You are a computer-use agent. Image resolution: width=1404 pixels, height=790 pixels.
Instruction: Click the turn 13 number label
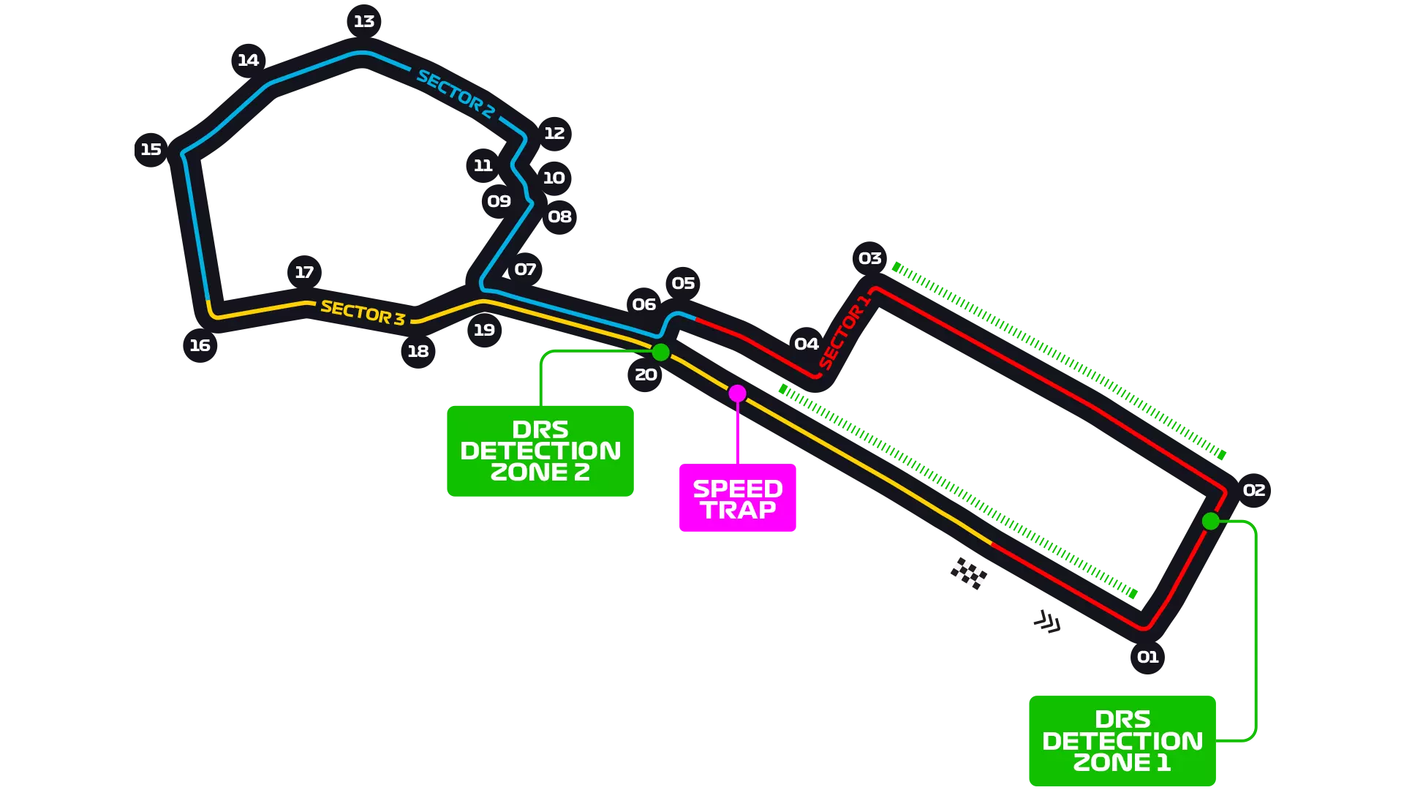point(364,21)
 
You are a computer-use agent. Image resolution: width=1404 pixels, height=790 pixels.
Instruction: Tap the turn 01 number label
point(1147,657)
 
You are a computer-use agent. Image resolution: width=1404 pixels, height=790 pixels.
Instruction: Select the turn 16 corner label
point(200,345)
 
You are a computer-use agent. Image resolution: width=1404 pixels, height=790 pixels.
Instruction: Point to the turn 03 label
point(869,258)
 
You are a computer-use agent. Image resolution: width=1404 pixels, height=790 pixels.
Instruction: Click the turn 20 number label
point(646,375)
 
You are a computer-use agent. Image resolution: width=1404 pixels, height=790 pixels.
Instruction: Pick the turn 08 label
point(559,217)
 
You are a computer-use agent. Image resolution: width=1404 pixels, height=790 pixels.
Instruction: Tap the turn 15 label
point(151,149)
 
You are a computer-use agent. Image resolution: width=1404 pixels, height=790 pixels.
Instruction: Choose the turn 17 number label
point(304,272)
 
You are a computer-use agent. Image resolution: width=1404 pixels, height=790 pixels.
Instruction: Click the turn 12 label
point(554,133)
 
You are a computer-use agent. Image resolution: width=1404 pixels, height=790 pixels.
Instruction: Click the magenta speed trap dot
point(737,394)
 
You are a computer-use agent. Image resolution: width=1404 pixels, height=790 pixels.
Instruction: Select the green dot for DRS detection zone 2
point(660,353)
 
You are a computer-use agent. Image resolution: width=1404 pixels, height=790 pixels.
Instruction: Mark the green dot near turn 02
point(1210,521)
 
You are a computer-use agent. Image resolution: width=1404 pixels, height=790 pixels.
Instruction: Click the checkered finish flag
point(967,571)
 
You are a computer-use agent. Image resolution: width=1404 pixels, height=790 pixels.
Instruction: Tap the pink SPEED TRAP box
point(738,498)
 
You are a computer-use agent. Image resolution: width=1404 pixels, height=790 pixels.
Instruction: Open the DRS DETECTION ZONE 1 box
point(1122,740)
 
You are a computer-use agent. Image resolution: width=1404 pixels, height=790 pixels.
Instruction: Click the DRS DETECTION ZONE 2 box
point(540,451)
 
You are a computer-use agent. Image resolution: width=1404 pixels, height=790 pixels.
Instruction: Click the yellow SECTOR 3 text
point(363,312)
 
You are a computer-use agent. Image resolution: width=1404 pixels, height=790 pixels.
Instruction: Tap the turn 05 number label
point(683,283)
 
